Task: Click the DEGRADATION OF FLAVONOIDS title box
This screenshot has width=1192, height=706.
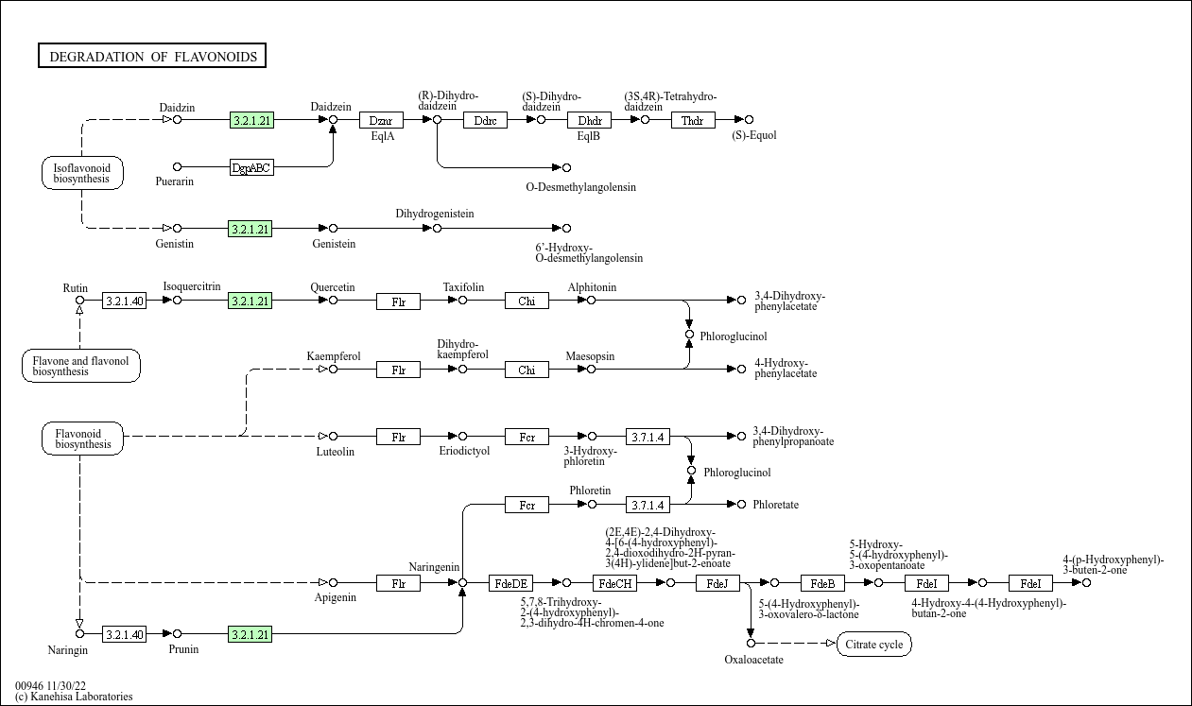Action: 152,57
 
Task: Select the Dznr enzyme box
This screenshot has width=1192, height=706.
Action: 381,120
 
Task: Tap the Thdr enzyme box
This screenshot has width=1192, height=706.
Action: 693,120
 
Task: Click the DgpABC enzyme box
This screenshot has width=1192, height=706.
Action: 251,168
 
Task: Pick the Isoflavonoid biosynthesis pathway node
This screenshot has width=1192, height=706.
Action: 82,173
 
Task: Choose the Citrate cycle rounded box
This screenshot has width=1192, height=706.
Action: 874,645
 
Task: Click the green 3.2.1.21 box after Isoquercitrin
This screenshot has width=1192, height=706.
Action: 250,301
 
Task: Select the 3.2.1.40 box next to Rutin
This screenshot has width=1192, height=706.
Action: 125,301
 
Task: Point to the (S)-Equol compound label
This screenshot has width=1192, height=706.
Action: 754,135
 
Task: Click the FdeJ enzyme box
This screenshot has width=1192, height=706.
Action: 717,583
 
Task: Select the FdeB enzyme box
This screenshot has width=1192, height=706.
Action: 822,583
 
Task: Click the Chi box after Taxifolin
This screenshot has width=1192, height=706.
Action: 527,301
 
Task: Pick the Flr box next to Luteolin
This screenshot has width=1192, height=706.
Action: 398,437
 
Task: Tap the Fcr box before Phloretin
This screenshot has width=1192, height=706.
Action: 527,506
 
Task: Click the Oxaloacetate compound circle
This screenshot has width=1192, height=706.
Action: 751,644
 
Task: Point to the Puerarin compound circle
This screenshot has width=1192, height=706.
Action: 177,167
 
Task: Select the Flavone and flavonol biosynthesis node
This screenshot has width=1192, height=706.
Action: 81,366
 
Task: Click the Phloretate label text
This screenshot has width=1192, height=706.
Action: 775,505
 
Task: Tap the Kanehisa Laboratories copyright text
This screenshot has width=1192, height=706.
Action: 74,697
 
